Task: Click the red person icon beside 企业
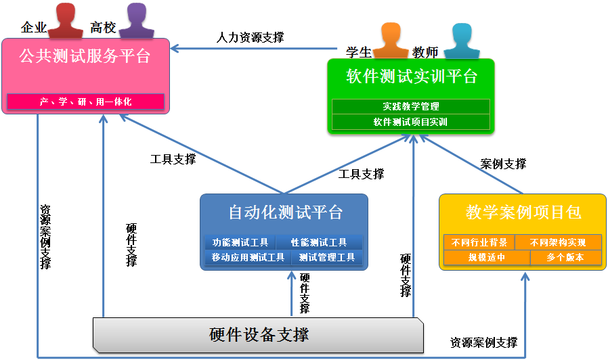point(66,20)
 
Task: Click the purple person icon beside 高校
point(137,20)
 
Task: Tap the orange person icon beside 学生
point(391,41)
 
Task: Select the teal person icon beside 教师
point(462,41)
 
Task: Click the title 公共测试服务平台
point(85,56)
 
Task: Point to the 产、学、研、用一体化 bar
point(86,102)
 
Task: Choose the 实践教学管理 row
point(411,106)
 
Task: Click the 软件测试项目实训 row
point(411,122)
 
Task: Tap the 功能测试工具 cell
point(240,242)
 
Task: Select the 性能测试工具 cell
point(319,242)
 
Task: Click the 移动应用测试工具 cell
point(248,257)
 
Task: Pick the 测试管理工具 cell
point(327,257)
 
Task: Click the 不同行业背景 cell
point(479,242)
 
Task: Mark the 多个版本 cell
point(566,258)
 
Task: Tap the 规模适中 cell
point(487,258)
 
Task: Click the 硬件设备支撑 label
point(259,335)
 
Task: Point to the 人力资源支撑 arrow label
point(250,38)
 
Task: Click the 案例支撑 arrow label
point(503,164)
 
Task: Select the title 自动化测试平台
point(286,212)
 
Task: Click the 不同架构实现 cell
point(558,242)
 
